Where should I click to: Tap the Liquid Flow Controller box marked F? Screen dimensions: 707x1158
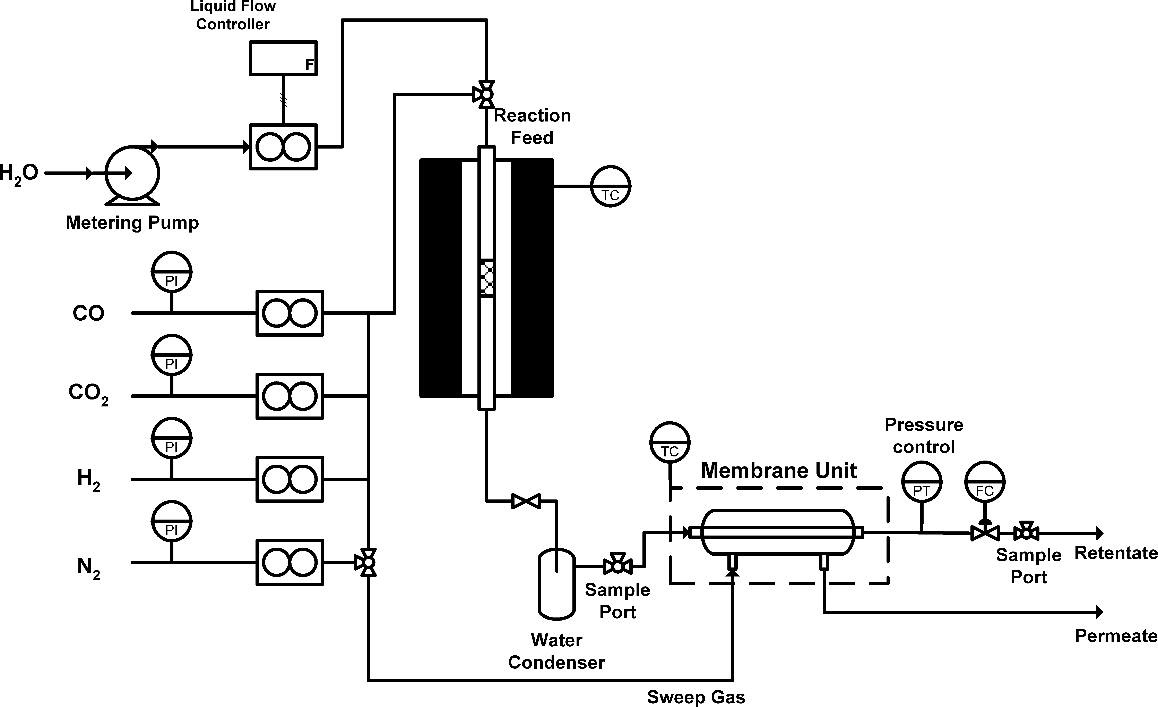pyautogui.click(x=283, y=58)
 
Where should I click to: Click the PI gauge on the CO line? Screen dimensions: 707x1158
pyautogui.click(x=172, y=272)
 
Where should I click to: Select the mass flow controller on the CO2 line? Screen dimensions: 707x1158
pyautogui.click(x=289, y=396)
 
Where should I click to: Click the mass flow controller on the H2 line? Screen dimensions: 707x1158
pyautogui.click(x=289, y=479)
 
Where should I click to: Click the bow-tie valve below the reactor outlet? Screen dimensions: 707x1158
pyautogui.click(x=526, y=501)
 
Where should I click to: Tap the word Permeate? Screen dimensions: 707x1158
pyautogui.click(x=1116, y=636)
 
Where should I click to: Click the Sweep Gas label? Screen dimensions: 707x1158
pyautogui.click(x=696, y=697)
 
